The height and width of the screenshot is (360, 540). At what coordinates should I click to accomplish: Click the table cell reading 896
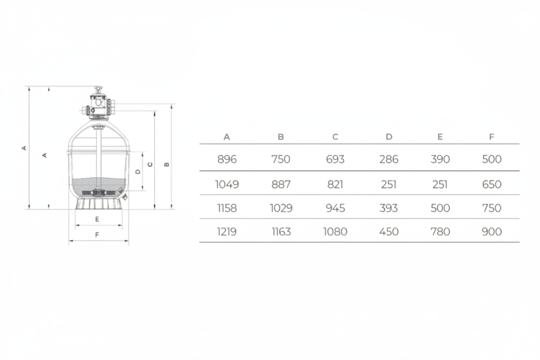coord(227,159)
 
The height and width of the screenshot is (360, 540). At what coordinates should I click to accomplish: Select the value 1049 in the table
coord(227,184)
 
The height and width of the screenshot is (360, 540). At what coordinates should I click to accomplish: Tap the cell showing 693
coord(335,159)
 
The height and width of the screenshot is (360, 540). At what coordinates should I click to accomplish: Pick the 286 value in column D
coord(389,159)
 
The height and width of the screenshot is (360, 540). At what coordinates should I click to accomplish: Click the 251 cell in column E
coord(440,184)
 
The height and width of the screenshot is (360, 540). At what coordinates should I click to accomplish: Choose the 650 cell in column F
coord(492,184)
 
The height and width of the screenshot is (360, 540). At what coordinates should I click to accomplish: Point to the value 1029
coord(281,208)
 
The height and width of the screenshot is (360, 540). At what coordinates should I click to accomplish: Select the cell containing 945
coord(335,208)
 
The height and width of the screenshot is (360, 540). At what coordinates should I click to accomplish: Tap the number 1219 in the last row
coord(227,232)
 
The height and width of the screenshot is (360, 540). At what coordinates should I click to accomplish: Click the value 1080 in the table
coord(335,232)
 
